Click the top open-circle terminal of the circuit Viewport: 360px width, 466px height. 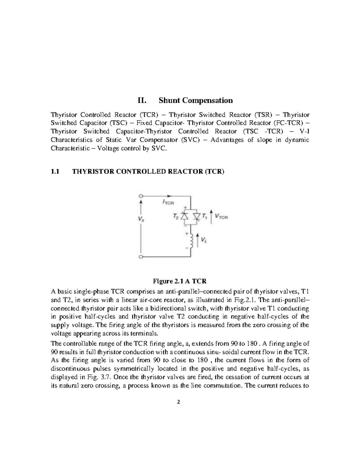click(140, 196)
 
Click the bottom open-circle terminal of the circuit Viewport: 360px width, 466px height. click(140, 257)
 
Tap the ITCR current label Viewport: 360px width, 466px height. click(168, 203)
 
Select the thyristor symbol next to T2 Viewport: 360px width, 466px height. click(185, 216)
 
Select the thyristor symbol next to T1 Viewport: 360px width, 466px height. click(196, 216)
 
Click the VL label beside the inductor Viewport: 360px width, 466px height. click(203, 240)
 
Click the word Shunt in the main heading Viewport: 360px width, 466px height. click(169, 100)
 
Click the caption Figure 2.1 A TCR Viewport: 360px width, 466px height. click(180, 281)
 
